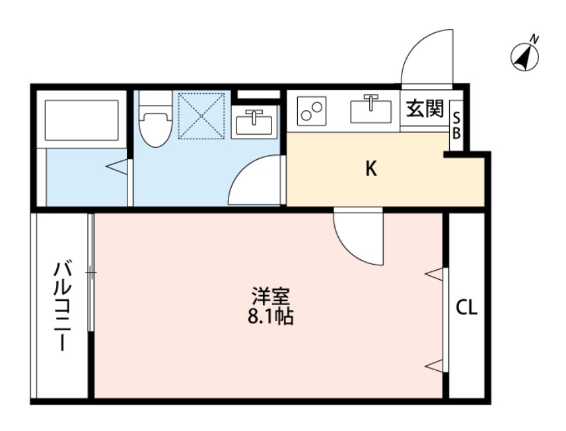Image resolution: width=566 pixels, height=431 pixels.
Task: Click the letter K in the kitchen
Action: click(x=372, y=170)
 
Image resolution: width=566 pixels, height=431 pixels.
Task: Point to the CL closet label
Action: click(x=467, y=308)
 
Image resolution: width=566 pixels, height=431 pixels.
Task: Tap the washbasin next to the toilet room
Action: click(x=255, y=121)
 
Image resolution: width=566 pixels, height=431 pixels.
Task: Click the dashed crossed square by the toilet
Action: click(x=202, y=116)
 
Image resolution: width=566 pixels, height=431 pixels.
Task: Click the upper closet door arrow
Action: click(x=435, y=273)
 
